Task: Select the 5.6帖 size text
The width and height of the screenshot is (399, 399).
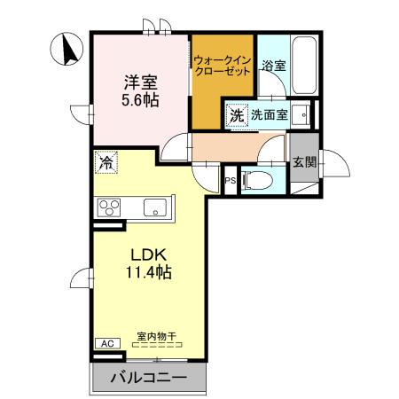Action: pyautogui.click(x=140, y=100)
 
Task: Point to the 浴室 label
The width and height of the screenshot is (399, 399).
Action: pyautogui.click(x=273, y=65)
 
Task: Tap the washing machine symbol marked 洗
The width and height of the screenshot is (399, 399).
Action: pyautogui.click(x=237, y=114)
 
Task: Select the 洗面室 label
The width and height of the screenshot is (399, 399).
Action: pyautogui.click(x=268, y=114)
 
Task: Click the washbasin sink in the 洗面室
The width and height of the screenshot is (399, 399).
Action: pyautogui.click(x=302, y=114)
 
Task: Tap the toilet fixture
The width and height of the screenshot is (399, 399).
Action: pyautogui.click(x=258, y=180)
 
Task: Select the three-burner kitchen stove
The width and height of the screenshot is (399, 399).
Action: pyautogui.click(x=110, y=208)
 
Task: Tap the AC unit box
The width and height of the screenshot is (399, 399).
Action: pyautogui.click(x=106, y=343)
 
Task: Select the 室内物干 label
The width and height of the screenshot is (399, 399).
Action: pyautogui.click(x=156, y=337)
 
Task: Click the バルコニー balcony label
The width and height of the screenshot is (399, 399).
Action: pyautogui.click(x=148, y=379)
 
